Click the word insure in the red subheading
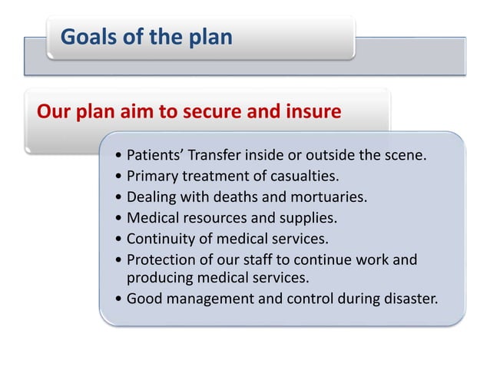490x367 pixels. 311,112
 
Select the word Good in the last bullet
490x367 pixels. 143,299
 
